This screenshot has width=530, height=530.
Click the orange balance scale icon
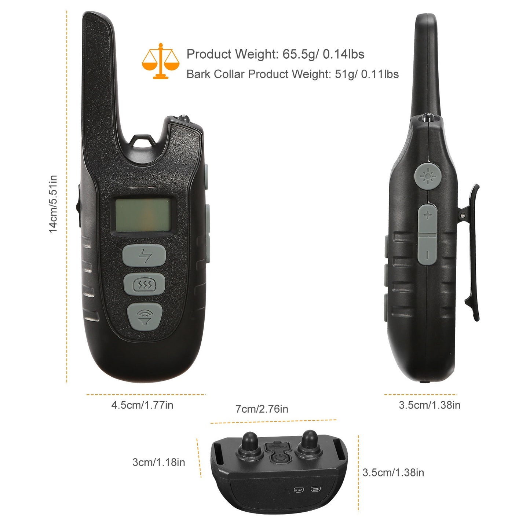tap(161, 61)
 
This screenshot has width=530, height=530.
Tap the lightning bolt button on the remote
tap(144, 255)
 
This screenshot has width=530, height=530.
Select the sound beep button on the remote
tap(145, 317)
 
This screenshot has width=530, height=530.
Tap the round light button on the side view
tap(428, 176)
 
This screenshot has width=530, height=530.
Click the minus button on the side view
tap(427, 250)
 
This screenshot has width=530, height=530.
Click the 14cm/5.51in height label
tap(53, 204)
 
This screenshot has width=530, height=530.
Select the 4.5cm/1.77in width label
tap(142, 405)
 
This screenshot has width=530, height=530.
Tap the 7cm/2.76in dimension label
tap(262, 409)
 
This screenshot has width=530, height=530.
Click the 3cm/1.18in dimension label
tap(159, 462)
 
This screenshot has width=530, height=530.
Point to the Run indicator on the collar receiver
tap(299, 490)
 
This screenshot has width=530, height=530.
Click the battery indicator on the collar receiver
tap(316, 489)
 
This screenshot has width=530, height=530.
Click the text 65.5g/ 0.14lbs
tap(324, 54)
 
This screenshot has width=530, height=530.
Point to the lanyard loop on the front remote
tap(142, 141)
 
